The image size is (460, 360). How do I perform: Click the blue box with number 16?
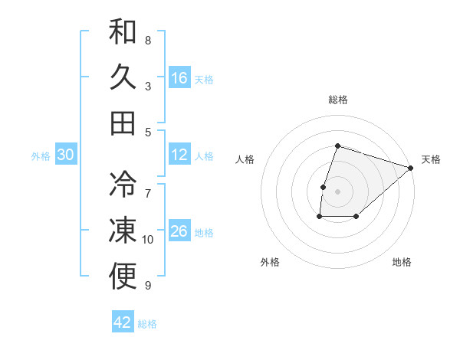tap(179, 78)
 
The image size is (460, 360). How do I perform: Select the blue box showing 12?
tap(179, 155)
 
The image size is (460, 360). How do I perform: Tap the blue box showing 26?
tap(179, 231)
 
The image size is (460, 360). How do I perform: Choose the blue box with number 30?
tap(65, 155)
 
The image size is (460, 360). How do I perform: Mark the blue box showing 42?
tap(123, 322)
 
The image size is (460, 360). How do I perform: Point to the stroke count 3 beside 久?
tap(148, 87)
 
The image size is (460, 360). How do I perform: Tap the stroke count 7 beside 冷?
tap(148, 186)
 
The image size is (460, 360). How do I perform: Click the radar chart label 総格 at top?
tap(338, 100)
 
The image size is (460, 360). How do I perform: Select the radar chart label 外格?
tap(270, 262)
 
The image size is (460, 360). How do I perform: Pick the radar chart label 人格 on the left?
tap(245, 159)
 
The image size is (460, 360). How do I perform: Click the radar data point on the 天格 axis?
tap(411, 168)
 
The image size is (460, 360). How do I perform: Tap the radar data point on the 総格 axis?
tap(337, 146)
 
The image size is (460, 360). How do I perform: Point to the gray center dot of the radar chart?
tap(337, 191)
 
